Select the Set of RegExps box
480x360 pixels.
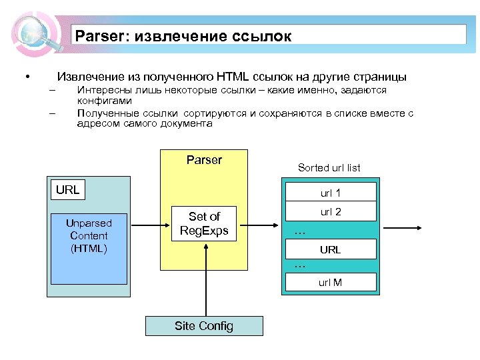204,223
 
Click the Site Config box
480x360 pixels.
204,326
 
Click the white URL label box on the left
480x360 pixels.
67,189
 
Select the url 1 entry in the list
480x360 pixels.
331,193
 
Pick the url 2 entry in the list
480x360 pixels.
331,213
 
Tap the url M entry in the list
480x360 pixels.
331,282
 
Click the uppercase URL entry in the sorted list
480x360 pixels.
331,250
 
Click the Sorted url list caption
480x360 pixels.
329,168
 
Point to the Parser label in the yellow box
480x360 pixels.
204,160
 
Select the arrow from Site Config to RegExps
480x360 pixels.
205,280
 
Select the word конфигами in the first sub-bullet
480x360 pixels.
105,100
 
